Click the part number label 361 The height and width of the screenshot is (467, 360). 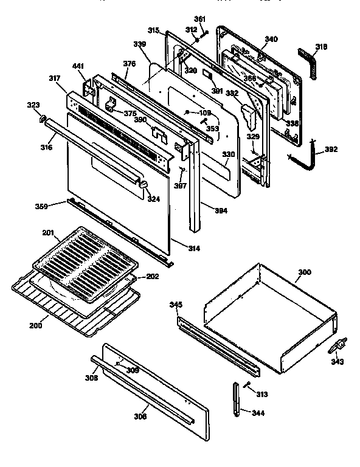200,18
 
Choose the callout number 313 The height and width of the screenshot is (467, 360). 261,394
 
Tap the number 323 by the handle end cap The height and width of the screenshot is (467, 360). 34,106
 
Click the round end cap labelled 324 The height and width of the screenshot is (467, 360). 144,185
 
